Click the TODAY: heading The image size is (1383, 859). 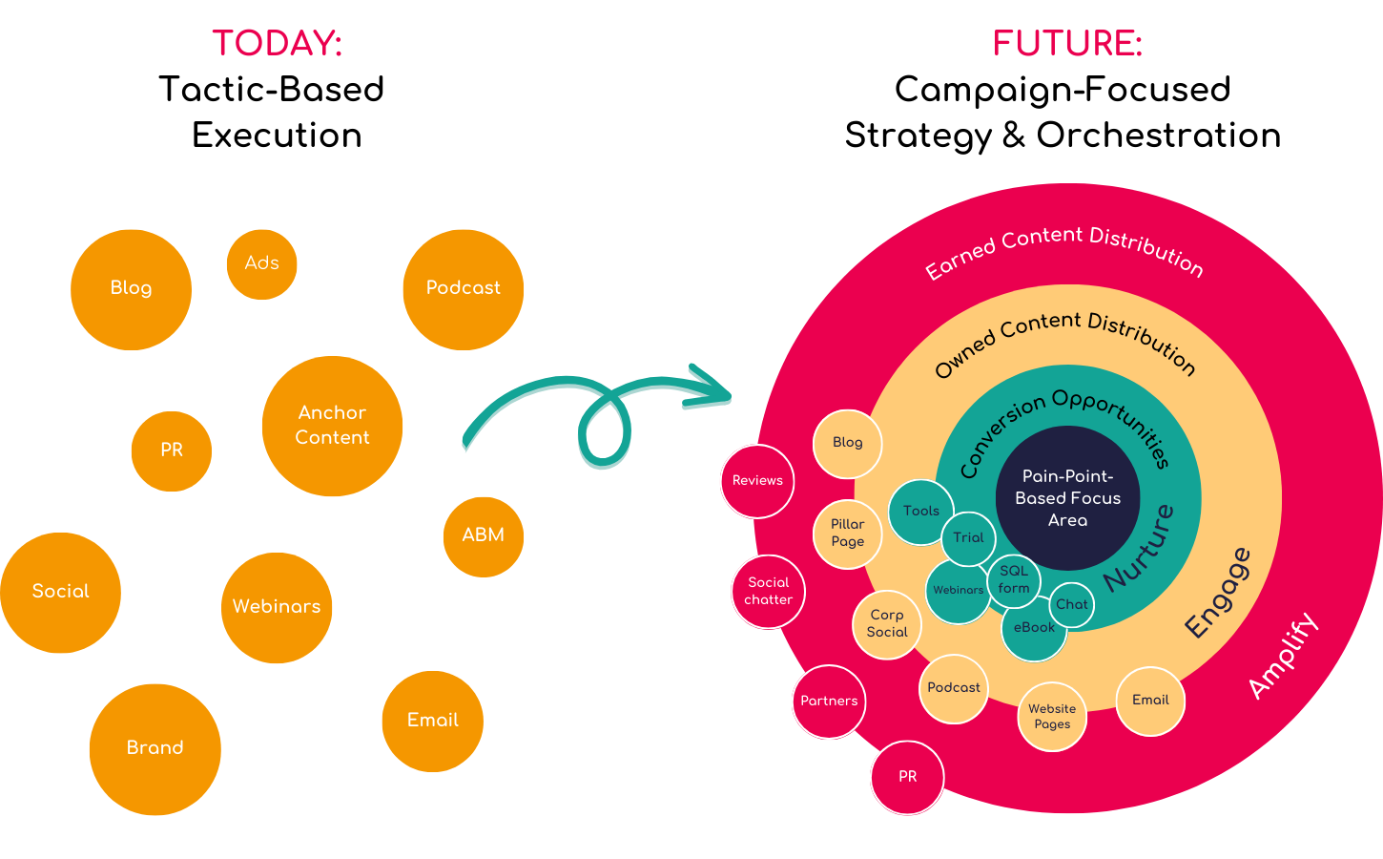point(277,44)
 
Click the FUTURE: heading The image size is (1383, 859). point(1067,44)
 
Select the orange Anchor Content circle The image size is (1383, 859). point(332,426)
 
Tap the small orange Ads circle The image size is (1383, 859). point(261,263)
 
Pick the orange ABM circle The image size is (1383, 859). point(484,535)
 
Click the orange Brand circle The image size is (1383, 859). point(155,748)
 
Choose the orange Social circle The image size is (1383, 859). point(61,592)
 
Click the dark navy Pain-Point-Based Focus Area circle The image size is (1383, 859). point(1067,497)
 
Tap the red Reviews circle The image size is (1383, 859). point(757,481)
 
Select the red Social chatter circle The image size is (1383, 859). point(769,591)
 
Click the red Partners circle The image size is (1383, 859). point(829,702)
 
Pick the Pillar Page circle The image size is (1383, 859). point(847,534)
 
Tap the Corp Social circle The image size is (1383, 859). point(887,624)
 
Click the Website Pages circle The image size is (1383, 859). point(1052,717)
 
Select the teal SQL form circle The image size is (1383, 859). point(1014,579)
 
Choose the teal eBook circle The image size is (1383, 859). point(1034,629)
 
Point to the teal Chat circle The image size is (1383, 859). point(1071,605)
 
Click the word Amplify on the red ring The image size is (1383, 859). point(1283,656)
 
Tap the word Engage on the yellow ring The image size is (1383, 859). point(1217,593)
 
